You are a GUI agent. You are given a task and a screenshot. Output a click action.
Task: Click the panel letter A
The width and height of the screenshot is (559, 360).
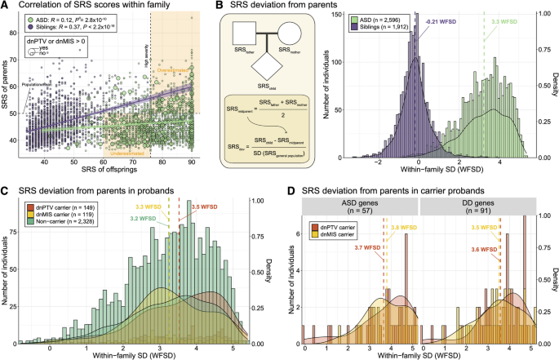(x=6, y=6)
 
